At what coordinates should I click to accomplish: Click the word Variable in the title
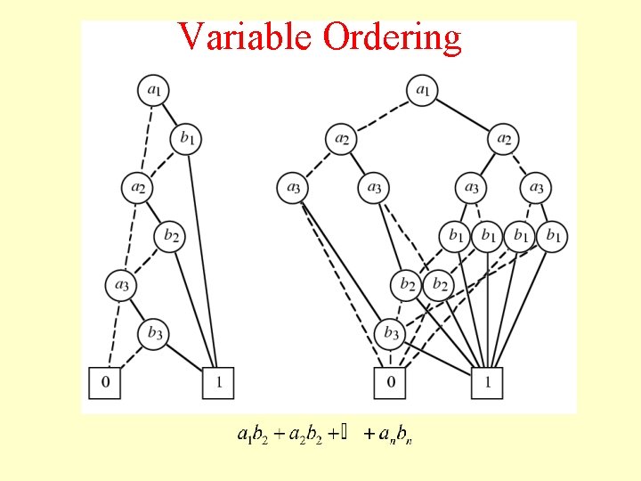click(x=246, y=37)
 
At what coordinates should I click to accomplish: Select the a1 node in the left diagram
click(x=154, y=89)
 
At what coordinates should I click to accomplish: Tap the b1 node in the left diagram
click(x=186, y=138)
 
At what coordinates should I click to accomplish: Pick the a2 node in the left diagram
click(x=137, y=188)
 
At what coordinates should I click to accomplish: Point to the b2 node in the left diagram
click(x=170, y=236)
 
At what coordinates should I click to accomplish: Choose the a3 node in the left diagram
click(x=121, y=285)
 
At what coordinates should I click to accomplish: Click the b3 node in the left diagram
click(x=154, y=334)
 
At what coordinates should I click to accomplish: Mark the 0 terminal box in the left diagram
click(x=105, y=383)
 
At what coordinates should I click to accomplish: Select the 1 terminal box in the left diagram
click(x=219, y=383)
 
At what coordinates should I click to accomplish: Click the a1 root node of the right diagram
click(x=423, y=89)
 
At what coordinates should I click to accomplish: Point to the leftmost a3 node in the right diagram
click(x=293, y=187)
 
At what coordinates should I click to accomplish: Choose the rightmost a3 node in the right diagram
click(x=536, y=187)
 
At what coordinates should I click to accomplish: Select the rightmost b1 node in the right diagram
click(x=553, y=236)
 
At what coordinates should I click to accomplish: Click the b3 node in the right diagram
click(x=390, y=334)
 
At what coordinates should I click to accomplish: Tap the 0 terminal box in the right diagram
click(x=390, y=383)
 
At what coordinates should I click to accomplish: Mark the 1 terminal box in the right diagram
click(x=488, y=383)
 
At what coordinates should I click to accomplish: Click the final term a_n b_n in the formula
click(x=394, y=436)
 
